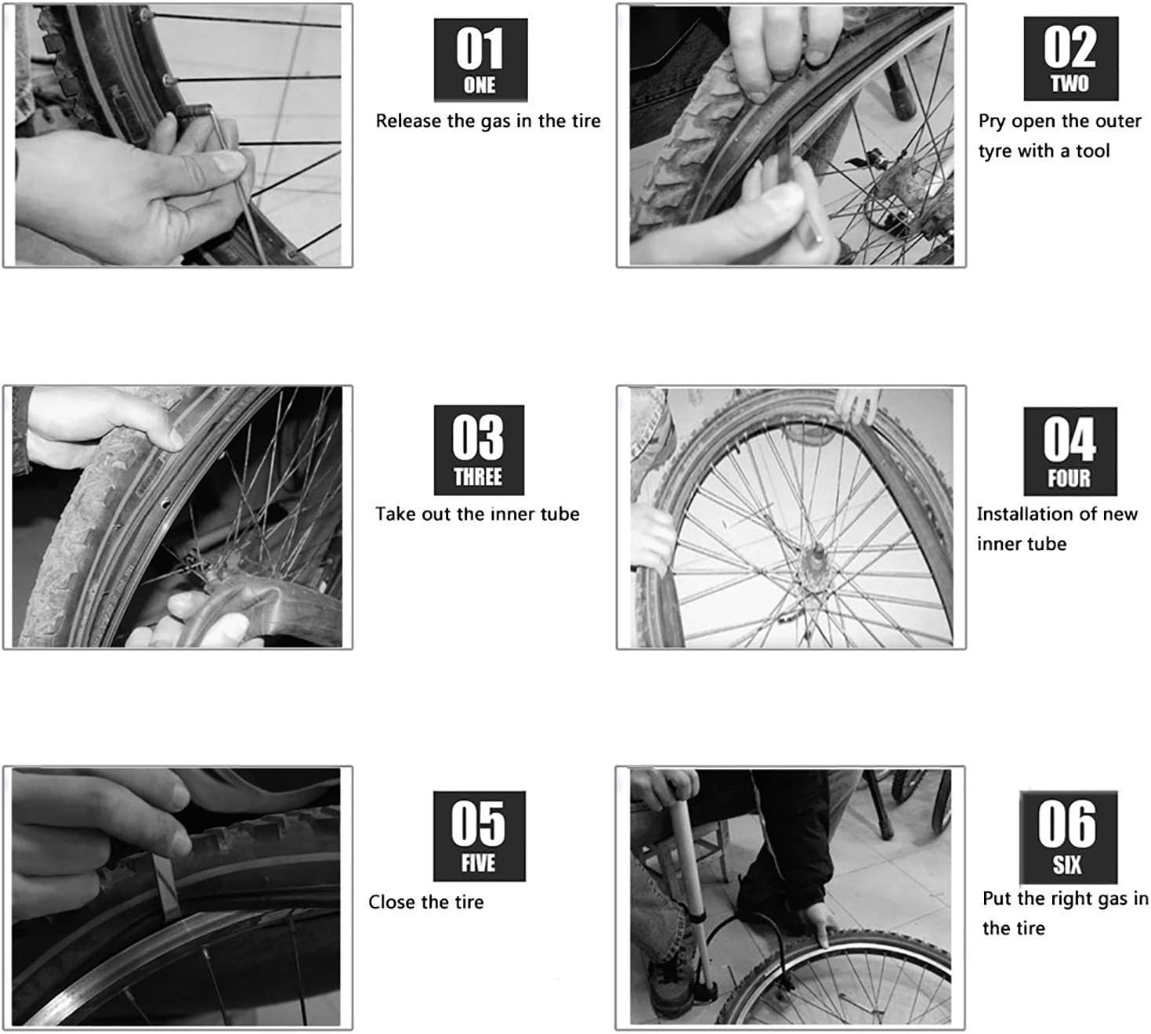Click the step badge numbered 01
point(480,60)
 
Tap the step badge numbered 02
point(1070,59)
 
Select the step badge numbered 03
point(479,450)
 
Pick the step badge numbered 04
point(1070,451)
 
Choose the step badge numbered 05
point(479,836)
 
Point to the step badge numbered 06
point(1068,837)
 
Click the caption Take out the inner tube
point(477,514)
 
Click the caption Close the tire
point(425,902)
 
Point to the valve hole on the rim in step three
point(165,504)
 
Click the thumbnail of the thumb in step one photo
point(229,162)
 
